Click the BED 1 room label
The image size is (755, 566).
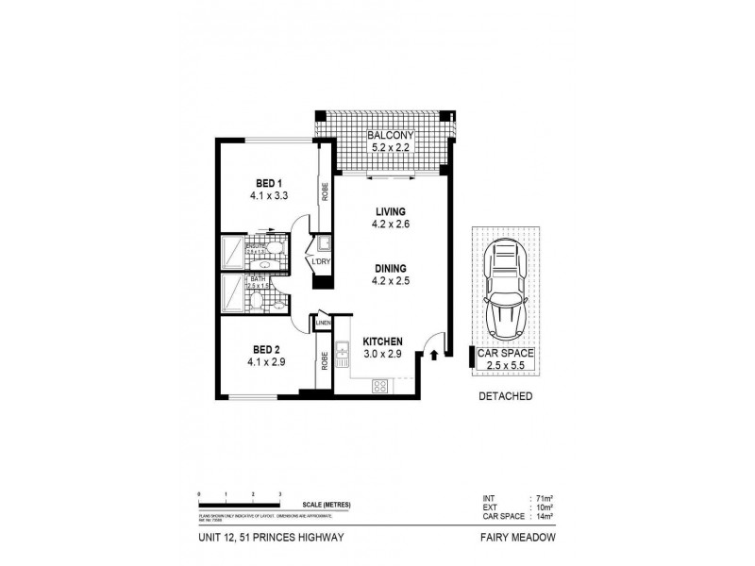pos(268,183)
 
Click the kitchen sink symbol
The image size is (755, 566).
pos(344,354)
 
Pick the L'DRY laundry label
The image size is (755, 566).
pos(323,260)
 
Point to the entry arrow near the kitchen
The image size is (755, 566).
pos(434,356)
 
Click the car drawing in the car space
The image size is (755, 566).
pos(505,292)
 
